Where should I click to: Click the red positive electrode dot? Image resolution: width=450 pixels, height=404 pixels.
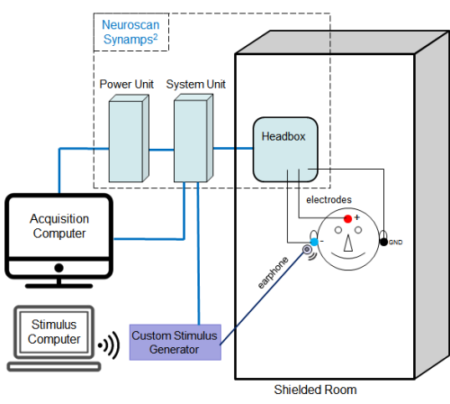[347, 219]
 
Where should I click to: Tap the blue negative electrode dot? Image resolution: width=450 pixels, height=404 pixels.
[314, 242]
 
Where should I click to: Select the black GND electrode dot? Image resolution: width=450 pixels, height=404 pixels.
[383, 242]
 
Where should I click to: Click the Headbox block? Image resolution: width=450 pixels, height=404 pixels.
[285, 150]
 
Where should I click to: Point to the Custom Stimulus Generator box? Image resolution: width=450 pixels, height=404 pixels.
[175, 342]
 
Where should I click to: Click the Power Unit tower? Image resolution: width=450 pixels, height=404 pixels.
[129, 138]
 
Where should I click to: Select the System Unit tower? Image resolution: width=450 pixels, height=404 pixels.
[193, 138]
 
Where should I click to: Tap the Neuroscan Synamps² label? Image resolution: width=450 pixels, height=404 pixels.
[130, 32]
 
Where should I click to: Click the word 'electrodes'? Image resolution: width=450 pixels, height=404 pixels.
[328, 199]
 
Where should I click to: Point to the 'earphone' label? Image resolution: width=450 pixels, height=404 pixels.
[273, 272]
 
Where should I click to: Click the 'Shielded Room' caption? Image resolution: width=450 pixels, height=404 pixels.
[315, 390]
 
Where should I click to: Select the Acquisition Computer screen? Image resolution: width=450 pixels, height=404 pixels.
[59, 225]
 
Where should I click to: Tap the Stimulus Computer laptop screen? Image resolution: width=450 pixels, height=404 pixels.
[54, 332]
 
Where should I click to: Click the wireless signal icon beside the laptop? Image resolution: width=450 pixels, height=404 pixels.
[109, 345]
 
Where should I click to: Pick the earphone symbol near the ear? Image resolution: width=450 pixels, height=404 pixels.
[307, 250]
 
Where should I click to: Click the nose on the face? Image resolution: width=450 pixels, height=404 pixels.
[348, 243]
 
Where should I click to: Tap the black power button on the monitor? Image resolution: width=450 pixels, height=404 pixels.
[58, 268]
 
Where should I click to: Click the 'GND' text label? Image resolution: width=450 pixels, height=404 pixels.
[396, 243]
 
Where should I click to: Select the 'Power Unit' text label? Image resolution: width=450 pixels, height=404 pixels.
[126, 84]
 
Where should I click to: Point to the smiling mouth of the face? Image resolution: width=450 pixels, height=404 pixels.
[348, 256]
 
